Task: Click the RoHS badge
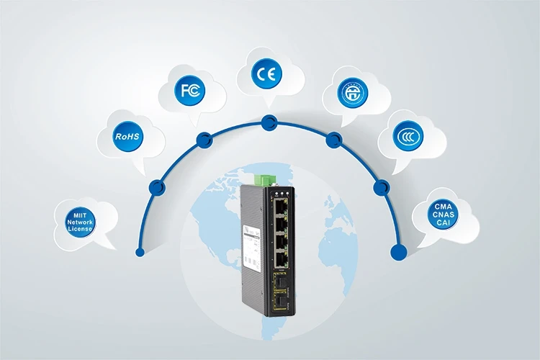128,135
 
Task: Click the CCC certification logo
407,135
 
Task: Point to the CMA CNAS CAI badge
444,215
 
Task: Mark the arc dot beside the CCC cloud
380,186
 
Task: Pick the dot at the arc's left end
140,252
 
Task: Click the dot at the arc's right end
395,252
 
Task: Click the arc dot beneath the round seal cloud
333,140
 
